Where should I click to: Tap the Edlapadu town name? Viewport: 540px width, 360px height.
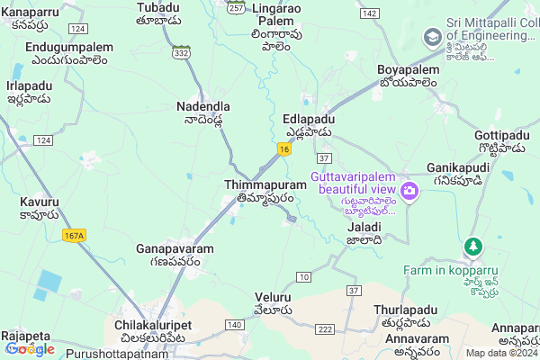point(309,119)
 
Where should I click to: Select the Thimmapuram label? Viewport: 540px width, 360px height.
point(265,184)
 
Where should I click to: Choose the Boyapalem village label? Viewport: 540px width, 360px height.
point(406,69)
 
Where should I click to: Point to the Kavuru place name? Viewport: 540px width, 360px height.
point(40,202)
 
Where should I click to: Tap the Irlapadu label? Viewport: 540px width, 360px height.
point(29,85)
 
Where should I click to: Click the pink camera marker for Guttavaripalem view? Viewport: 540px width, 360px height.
point(409,191)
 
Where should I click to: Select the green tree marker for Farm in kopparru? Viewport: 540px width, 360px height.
point(472,246)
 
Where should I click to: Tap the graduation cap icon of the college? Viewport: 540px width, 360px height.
point(433,37)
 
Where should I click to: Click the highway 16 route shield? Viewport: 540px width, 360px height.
point(283,149)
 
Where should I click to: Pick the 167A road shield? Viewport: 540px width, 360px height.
point(74,236)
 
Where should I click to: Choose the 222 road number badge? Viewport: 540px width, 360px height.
point(324,330)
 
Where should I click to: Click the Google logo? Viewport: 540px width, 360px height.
point(30,348)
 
